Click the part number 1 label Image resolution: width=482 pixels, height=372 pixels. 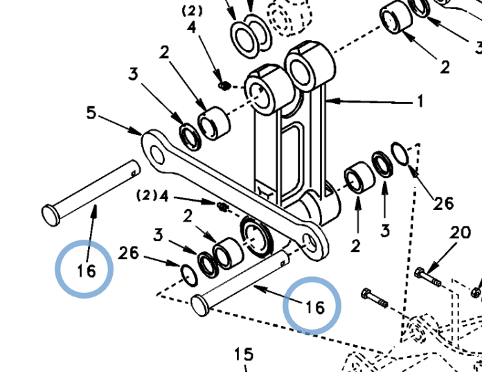[x=420, y=101]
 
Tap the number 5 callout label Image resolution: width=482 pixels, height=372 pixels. [x=91, y=112]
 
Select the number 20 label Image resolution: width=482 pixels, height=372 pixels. [x=460, y=233]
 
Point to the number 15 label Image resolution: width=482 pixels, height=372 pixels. [x=244, y=354]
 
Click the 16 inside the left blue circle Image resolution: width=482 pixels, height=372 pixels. [x=87, y=271]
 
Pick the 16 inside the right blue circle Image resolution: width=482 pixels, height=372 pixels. [x=315, y=308]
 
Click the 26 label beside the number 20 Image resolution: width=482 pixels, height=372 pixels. [x=443, y=204]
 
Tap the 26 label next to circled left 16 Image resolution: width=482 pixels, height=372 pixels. [x=129, y=253]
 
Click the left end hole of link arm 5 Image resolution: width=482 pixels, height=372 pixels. [x=157, y=154]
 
